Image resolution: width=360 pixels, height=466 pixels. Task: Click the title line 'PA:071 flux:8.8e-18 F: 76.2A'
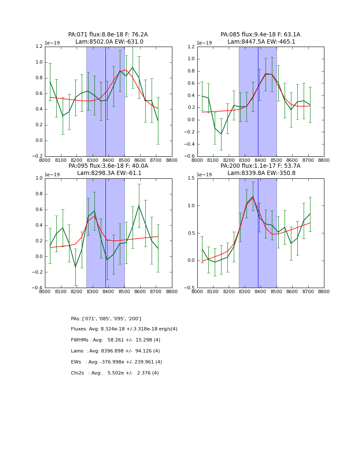pos(108,35)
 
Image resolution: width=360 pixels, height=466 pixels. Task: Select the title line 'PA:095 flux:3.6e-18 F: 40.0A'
pos(108,166)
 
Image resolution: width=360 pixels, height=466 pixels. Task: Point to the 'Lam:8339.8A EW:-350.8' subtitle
pos(260,173)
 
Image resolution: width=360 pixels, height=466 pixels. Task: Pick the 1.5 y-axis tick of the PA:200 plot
pos(191,178)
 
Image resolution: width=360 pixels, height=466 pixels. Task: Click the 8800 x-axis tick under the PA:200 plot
pos(324,291)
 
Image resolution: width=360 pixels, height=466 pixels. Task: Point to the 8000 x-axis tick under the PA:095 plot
pos(45,291)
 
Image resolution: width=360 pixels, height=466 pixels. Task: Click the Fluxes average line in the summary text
pos(124,329)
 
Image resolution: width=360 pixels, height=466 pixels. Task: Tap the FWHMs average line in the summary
pos(116,340)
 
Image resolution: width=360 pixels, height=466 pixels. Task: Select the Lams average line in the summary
pos(116,351)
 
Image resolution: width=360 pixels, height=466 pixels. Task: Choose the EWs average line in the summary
pos(116,362)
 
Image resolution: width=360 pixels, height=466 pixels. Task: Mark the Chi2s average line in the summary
pos(115,373)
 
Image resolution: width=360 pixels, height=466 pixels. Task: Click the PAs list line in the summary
pos(106,319)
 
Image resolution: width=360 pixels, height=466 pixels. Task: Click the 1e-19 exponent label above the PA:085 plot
pos(205,43)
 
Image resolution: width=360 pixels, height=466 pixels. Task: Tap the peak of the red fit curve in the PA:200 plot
pos(253,198)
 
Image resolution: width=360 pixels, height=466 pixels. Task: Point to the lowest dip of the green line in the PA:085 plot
pos(221,134)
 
